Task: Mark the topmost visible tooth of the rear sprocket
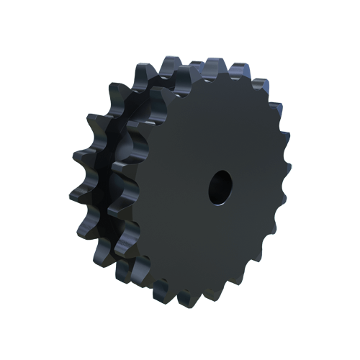point(168,63)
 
